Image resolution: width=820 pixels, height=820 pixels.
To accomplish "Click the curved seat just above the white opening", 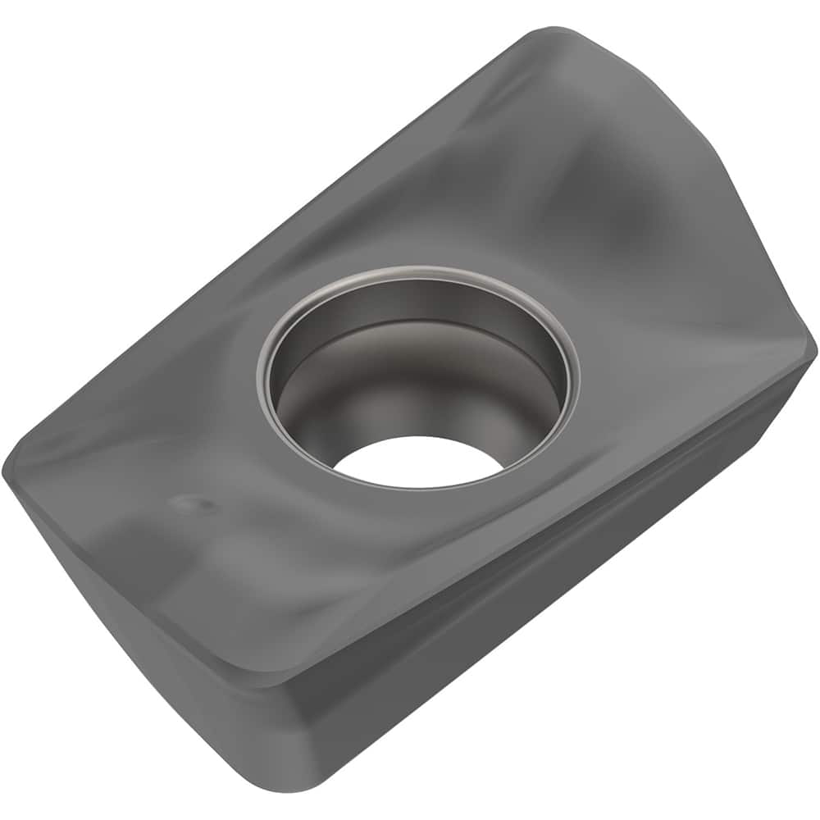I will coord(410,410).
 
